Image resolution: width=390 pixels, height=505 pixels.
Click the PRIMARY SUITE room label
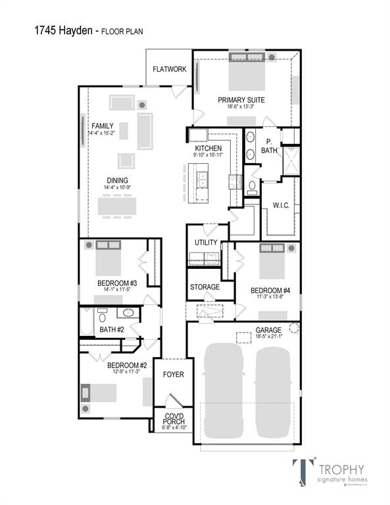coord(241,99)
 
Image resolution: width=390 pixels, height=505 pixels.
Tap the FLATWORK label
coord(169,69)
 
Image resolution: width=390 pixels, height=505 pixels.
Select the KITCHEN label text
coord(208,148)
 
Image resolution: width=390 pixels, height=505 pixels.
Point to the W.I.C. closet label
coord(282,205)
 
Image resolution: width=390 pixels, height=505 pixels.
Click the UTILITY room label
coord(205,243)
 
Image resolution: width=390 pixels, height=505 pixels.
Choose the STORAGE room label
coord(205,287)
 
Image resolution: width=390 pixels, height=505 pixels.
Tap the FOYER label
coord(174,375)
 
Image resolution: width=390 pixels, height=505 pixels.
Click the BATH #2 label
coord(112,329)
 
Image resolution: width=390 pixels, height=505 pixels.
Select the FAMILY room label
coord(103,126)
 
